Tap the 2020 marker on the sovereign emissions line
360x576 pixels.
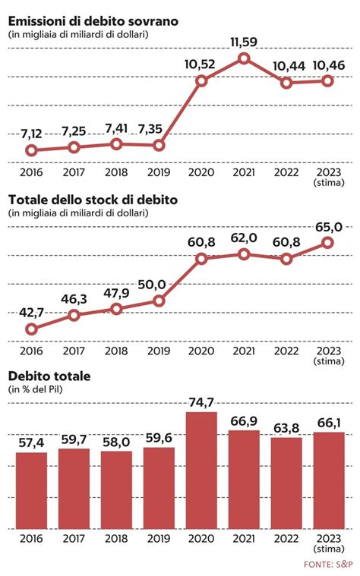point(201,80)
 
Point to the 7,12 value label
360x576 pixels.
point(31,134)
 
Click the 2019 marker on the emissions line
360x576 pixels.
point(159,145)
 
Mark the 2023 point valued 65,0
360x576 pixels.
point(328,242)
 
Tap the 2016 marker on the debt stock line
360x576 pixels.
point(31,329)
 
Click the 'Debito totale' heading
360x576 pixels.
point(49,376)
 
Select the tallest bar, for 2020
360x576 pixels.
point(201,471)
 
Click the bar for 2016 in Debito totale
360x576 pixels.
point(31,490)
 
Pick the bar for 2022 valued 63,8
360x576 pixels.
point(286,483)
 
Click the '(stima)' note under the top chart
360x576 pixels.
point(328,183)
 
